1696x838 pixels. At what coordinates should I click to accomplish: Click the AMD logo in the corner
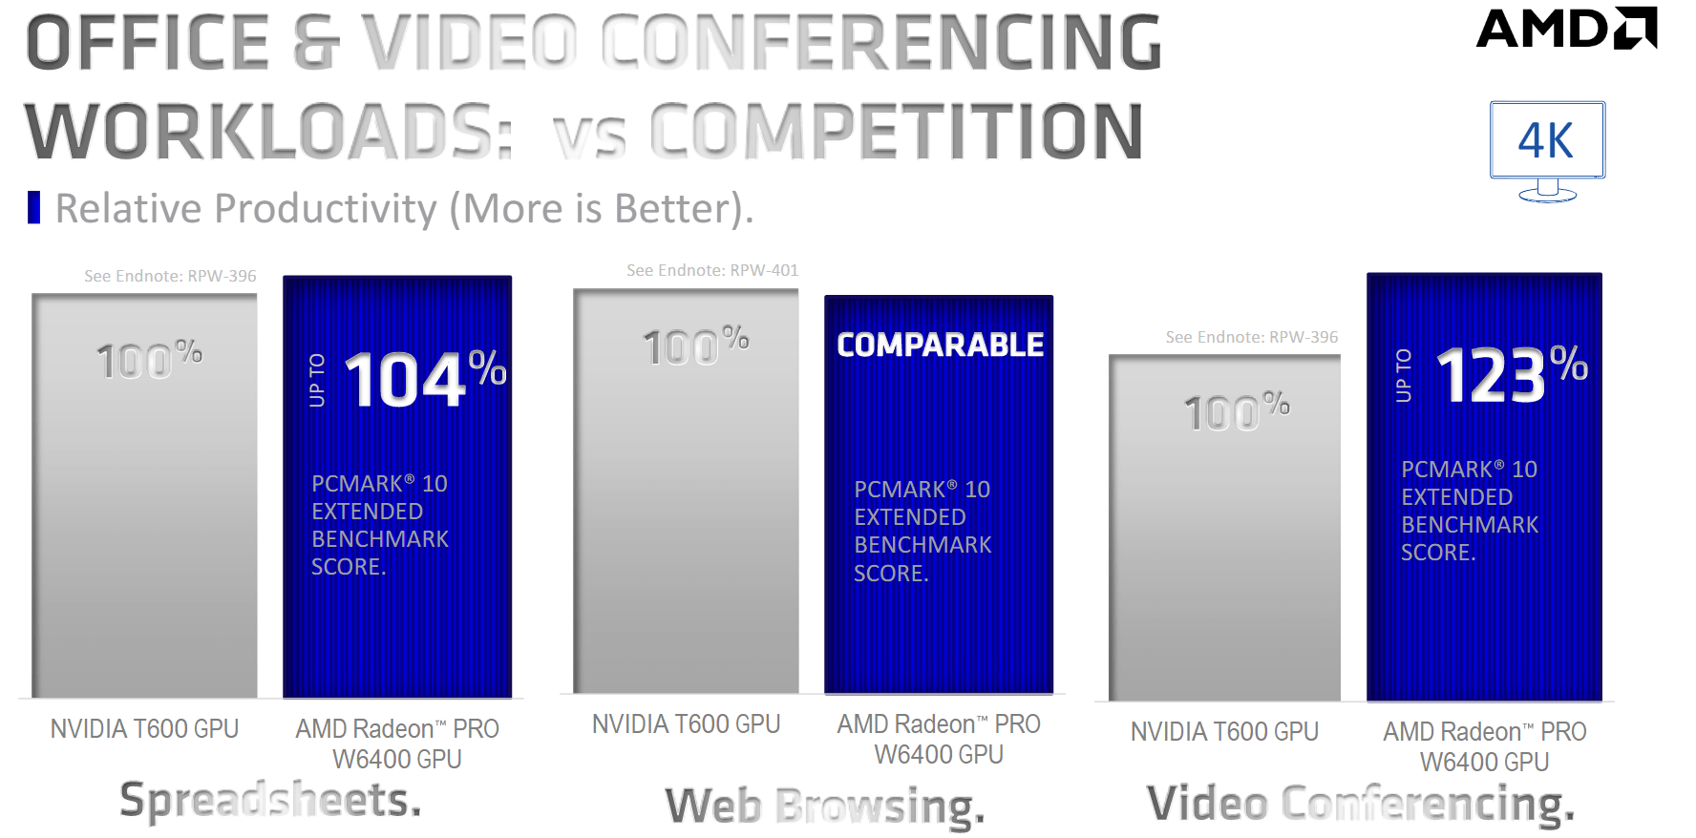(x=1567, y=28)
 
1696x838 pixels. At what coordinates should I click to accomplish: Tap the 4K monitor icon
(x=1547, y=152)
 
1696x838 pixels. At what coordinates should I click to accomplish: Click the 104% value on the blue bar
(x=425, y=378)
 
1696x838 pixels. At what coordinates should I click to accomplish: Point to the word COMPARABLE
(x=941, y=345)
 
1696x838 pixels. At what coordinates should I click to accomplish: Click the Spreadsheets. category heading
(x=270, y=799)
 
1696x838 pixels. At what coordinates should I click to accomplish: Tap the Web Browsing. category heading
(x=825, y=807)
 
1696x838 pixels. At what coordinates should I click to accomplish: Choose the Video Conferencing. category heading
(x=1361, y=804)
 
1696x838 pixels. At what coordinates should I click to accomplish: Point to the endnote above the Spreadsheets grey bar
(x=170, y=276)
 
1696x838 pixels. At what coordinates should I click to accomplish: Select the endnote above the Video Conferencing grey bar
(x=1252, y=337)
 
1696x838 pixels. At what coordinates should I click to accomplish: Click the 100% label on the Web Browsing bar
(x=696, y=346)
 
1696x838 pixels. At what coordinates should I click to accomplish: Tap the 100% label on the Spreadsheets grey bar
(x=150, y=360)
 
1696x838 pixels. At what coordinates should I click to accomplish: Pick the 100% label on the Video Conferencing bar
(x=1238, y=411)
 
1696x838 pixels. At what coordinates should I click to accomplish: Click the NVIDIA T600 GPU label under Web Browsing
(x=687, y=724)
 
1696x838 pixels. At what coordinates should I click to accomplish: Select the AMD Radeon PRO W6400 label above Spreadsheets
(x=397, y=744)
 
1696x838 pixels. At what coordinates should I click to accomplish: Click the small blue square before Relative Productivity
(x=34, y=207)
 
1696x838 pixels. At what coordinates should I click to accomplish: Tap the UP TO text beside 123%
(x=1403, y=375)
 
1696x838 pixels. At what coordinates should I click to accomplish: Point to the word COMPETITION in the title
(x=897, y=131)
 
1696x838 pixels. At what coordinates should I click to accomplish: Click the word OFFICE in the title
(x=148, y=43)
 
